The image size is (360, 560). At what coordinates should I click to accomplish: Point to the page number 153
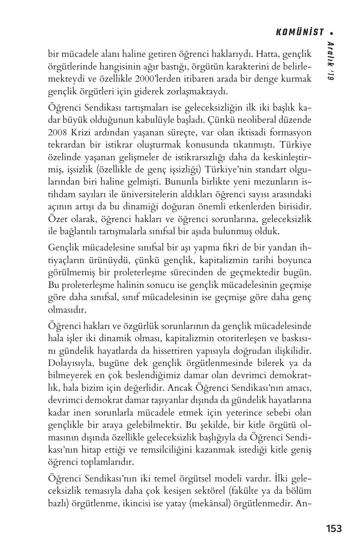point(333,528)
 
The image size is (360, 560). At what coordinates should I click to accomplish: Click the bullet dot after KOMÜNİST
point(332,32)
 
